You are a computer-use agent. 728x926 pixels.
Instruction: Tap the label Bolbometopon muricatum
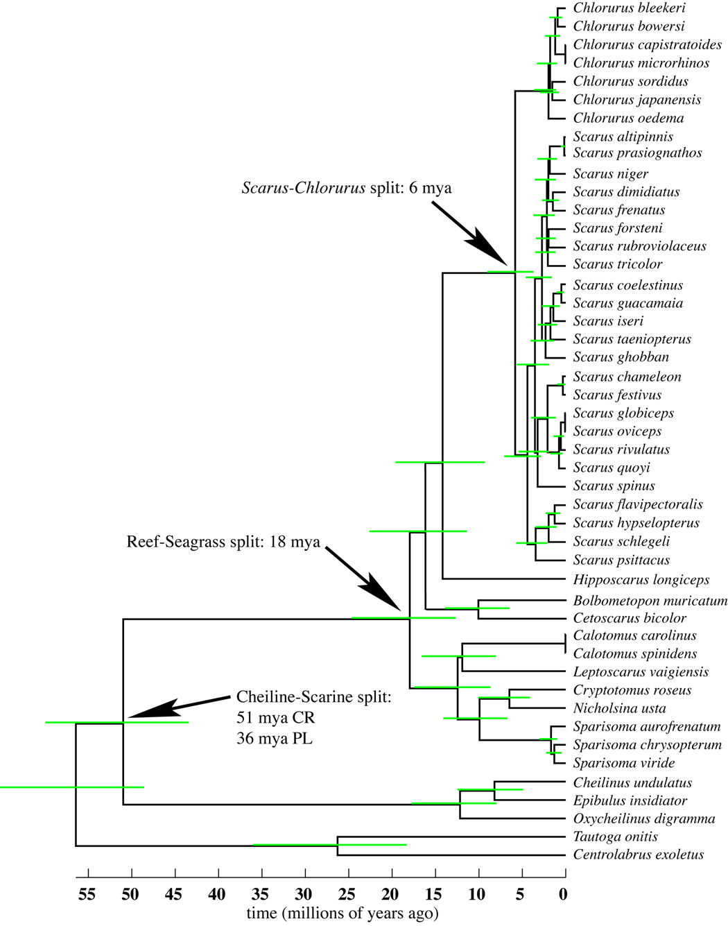[650, 601]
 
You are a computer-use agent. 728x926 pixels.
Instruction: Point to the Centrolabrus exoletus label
[638, 855]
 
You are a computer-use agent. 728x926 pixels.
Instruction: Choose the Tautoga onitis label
[615, 837]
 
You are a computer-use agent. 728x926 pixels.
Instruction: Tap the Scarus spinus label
[614, 486]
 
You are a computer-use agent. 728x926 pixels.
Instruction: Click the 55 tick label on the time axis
[87, 895]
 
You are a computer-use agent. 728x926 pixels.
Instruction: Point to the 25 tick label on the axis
[347, 895]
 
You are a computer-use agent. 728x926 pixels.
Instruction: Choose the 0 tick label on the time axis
[564, 895]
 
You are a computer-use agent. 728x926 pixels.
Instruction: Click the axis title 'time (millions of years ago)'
[343, 914]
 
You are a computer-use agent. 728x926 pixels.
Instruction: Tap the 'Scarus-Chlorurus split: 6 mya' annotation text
[346, 188]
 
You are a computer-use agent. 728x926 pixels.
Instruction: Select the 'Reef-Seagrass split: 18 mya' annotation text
[223, 542]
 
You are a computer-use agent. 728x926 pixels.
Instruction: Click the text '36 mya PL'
[275, 739]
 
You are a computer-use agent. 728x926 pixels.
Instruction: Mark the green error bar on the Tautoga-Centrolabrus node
[329, 845]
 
